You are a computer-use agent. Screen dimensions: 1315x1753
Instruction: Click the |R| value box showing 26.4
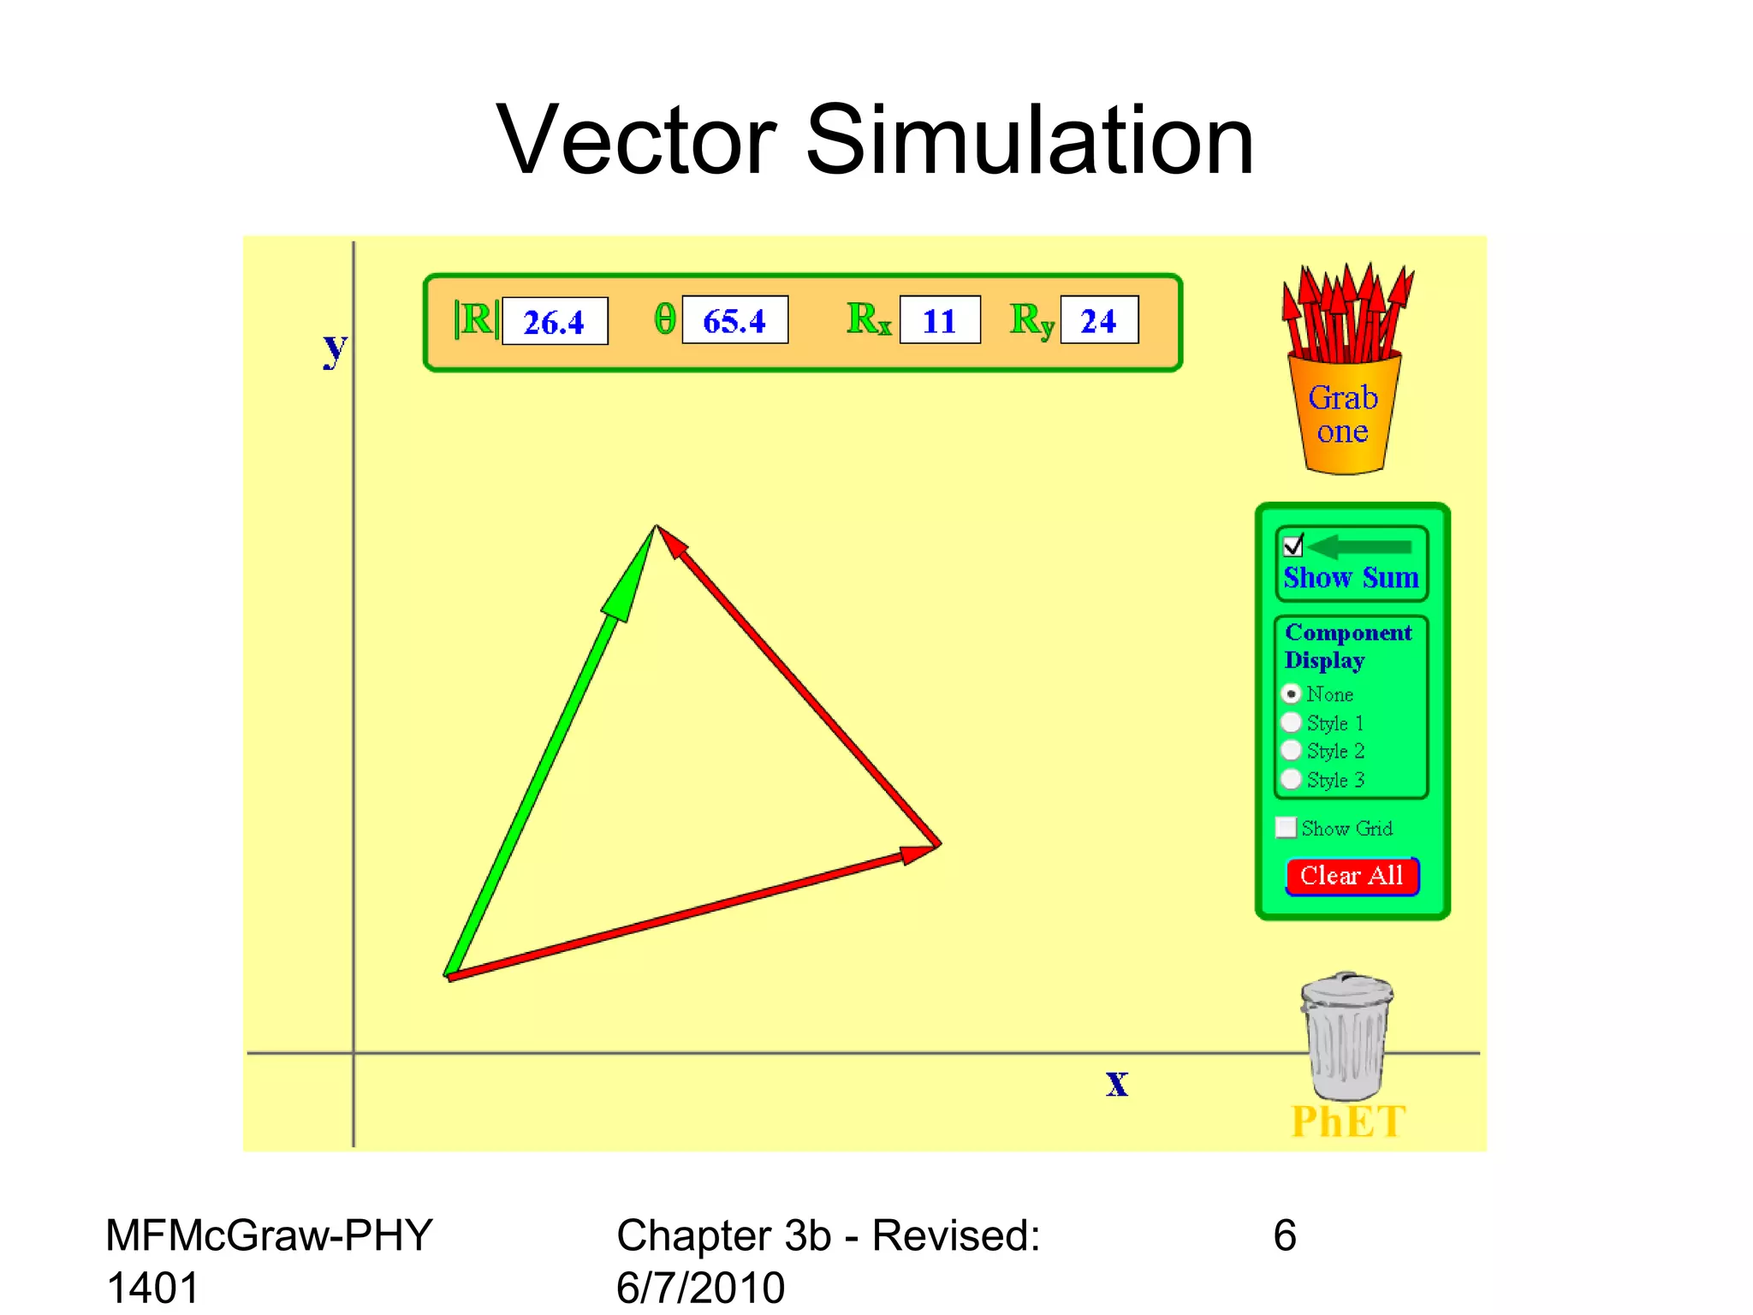555,321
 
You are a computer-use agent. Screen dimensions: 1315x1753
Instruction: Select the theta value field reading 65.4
734,320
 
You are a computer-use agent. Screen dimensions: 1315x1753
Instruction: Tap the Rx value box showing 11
939,320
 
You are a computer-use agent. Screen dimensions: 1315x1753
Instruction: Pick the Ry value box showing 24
1099,320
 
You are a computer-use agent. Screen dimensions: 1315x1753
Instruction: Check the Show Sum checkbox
1292,545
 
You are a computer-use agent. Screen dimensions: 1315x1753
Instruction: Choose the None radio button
1292,693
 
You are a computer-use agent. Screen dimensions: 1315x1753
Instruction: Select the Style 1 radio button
1292,723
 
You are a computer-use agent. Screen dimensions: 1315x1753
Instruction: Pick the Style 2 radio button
1292,751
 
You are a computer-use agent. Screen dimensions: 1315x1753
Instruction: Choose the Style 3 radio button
1292,780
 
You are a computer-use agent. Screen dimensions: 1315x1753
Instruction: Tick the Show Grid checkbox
1286,827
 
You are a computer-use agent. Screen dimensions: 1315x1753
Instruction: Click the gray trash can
1346,1037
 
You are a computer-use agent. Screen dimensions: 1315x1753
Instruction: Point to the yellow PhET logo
1348,1122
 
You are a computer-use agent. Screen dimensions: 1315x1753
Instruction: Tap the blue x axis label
1117,1084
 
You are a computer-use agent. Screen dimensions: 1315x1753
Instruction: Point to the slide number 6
1285,1235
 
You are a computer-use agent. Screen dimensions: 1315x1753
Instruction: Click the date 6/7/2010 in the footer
700,1288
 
